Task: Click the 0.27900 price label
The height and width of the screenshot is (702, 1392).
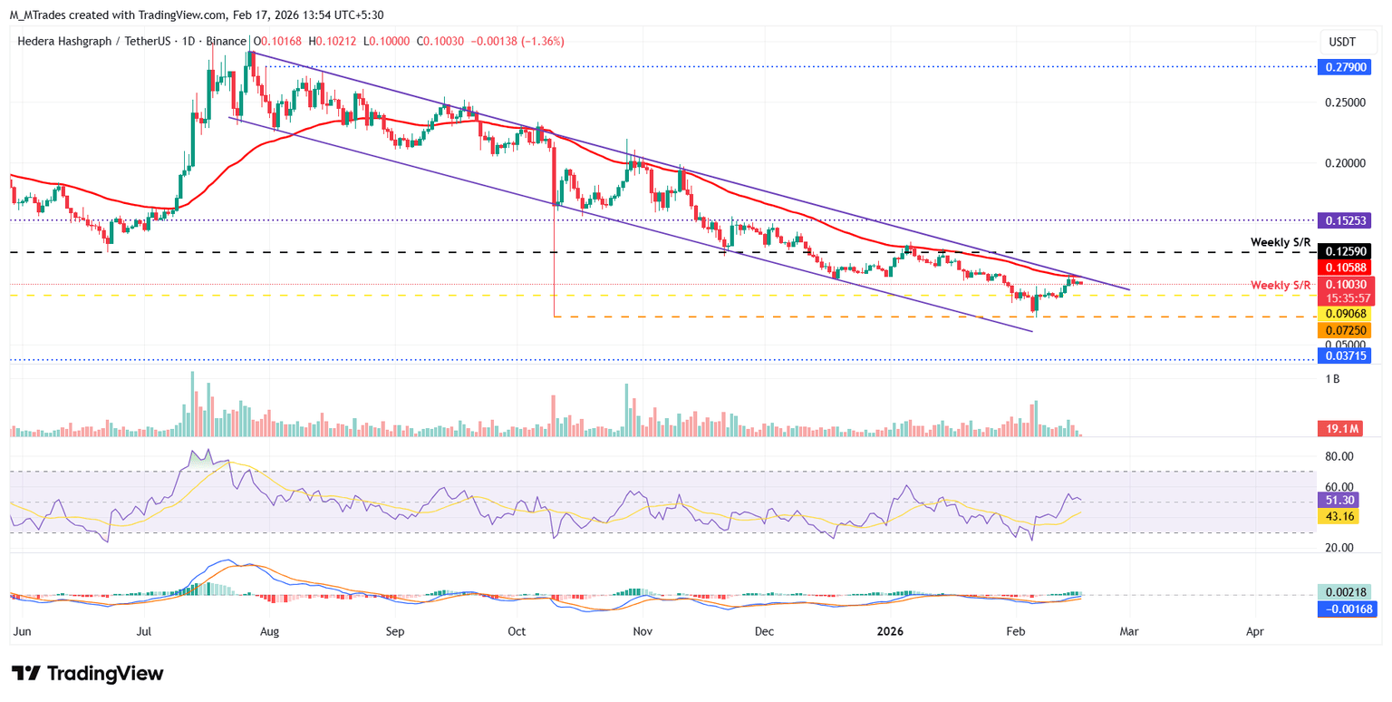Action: (x=1346, y=67)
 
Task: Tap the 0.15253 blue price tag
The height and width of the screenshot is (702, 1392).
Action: (x=1346, y=220)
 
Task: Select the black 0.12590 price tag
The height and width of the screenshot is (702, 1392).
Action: (x=1346, y=251)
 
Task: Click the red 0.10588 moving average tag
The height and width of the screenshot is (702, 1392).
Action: (x=1346, y=267)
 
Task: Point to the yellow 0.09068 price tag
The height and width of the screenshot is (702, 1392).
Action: (x=1346, y=315)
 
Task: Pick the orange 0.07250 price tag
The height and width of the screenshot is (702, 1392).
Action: (x=1346, y=331)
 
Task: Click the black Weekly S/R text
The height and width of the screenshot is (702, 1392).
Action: (x=1281, y=242)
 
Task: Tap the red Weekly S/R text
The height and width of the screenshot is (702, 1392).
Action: (x=1281, y=285)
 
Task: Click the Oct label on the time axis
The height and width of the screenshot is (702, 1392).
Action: (x=517, y=629)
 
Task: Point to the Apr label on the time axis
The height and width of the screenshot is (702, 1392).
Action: (x=1255, y=629)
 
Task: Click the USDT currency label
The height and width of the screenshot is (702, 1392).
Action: (x=1342, y=42)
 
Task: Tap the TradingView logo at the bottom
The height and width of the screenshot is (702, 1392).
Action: (x=88, y=673)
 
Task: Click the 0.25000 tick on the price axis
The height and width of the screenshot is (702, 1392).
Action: (x=1346, y=102)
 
